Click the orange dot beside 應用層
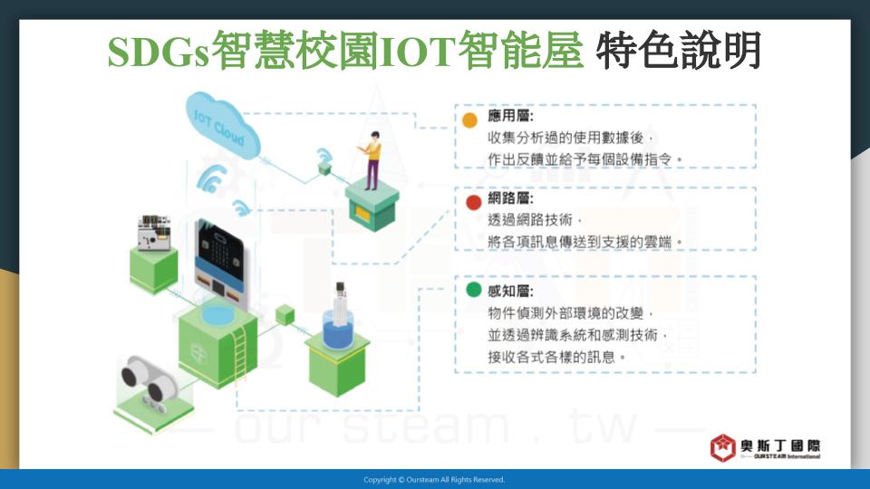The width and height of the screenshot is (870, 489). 469,120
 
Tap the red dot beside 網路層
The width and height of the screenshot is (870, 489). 473,202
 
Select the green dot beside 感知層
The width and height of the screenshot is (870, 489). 473,290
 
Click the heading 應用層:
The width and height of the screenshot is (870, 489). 510,116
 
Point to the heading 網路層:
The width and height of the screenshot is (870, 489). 510,198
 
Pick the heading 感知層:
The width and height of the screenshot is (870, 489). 510,291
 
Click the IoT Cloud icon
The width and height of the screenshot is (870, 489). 222,125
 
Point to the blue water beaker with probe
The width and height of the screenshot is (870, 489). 338,321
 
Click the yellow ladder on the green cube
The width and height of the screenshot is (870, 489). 240,354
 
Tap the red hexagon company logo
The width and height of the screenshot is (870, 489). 723,448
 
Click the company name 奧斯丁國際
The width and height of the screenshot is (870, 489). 780,446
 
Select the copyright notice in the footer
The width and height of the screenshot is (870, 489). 434,480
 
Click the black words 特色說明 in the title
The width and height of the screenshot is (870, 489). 678,51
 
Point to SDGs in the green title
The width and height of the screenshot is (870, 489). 159,53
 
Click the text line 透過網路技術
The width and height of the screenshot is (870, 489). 530,220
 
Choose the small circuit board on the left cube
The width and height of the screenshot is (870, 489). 154,233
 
